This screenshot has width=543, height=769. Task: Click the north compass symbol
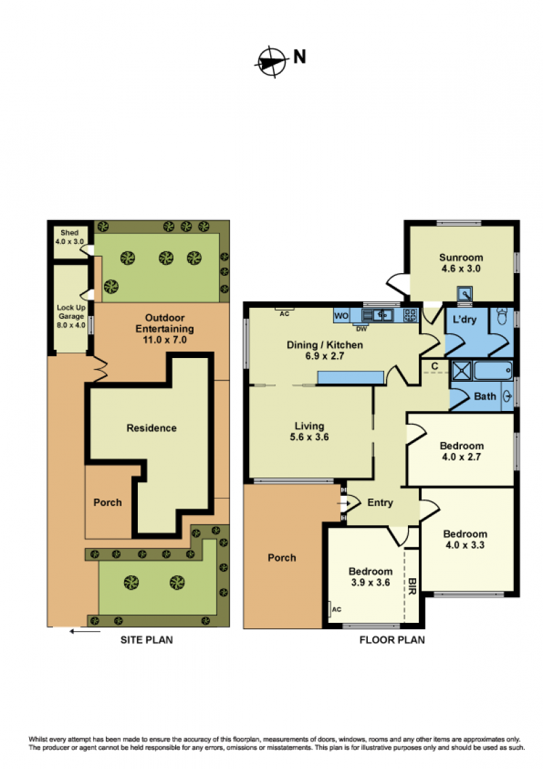pyautogui.click(x=271, y=62)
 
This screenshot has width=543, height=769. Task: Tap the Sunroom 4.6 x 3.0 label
pyautogui.click(x=461, y=263)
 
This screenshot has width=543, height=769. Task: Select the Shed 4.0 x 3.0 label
pyautogui.click(x=70, y=237)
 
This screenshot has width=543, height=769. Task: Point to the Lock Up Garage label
pyautogui.click(x=71, y=317)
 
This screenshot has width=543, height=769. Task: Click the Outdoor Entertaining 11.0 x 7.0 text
pyautogui.click(x=165, y=329)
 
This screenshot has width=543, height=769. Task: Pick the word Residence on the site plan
pyautogui.click(x=151, y=428)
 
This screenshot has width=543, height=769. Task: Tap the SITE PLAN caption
pyautogui.click(x=147, y=639)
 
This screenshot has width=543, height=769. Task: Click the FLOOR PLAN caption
pyautogui.click(x=392, y=639)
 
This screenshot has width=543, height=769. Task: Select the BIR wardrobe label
pyautogui.click(x=412, y=586)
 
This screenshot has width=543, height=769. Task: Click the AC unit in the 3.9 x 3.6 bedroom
pyautogui.click(x=331, y=609)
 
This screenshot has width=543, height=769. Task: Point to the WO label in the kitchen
pyautogui.click(x=341, y=316)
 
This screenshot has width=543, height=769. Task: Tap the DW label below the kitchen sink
pyautogui.click(x=361, y=329)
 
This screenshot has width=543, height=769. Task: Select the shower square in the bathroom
pyautogui.click(x=461, y=370)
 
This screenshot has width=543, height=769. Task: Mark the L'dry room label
pyautogui.click(x=464, y=320)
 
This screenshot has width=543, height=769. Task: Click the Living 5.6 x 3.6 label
pyautogui.click(x=310, y=431)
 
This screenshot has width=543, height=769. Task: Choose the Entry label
pyautogui.click(x=380, y=503)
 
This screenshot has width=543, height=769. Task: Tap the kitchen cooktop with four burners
pyautogui.click(x=410, y=315)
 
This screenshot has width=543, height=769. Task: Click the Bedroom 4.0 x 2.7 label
pyautogui.click(x=462, y=451)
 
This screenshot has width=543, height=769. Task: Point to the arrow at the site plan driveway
pyautogui.click(x=85, y=631)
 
